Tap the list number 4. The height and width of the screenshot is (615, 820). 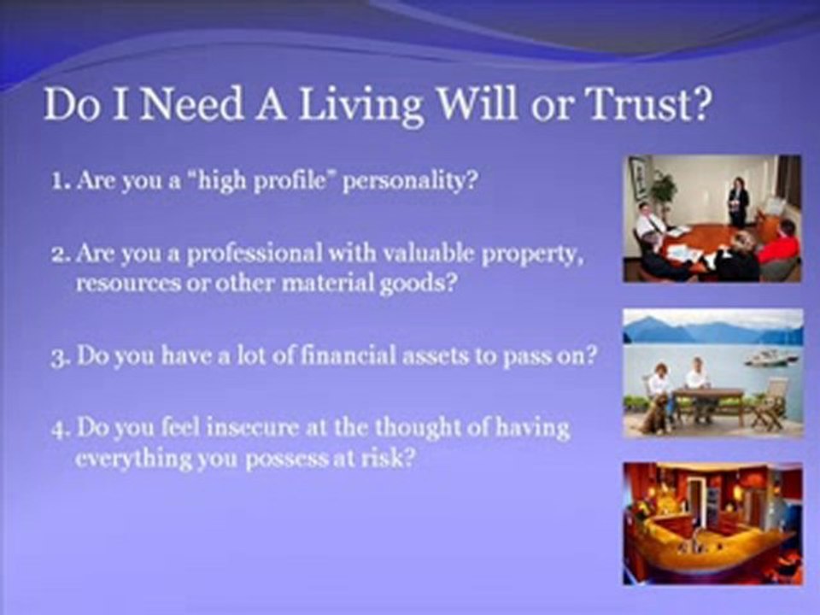[61, 430]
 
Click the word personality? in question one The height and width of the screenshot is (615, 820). [411, 182]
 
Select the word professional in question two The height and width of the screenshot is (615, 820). [255, 255]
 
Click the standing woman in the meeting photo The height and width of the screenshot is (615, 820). [738, 201]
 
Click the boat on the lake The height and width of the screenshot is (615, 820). [770, 357]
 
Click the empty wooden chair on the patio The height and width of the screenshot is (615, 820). [770, 403]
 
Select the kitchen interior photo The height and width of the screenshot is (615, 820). [712, 523]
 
